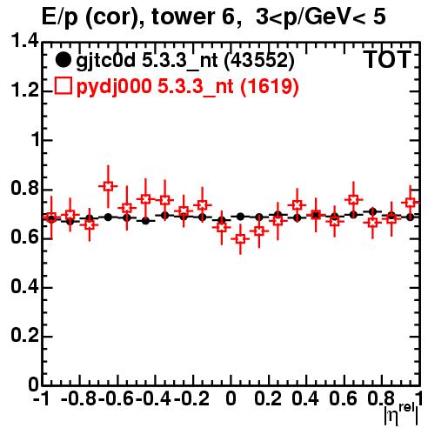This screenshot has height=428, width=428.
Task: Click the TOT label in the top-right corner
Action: [387, 60]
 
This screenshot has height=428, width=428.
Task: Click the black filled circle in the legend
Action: [63, 60]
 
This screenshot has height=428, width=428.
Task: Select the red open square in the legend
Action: [63, 86]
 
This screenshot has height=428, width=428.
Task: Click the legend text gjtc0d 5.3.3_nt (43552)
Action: [185, 61]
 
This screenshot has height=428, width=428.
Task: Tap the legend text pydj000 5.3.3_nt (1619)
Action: [188, 87]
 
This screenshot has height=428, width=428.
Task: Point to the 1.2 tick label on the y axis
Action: [24, 90]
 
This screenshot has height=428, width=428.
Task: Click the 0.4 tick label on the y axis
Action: [24, 286]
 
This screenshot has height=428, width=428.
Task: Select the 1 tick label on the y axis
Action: [36, 139]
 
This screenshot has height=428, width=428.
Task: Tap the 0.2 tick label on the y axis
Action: [24, 336]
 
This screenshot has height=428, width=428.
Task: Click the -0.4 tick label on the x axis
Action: [155, 399]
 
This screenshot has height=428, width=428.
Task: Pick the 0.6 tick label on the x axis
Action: [343, 399]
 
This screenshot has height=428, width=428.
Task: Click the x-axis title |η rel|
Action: [401, 414]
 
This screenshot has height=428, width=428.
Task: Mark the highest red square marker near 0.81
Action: [108, 186]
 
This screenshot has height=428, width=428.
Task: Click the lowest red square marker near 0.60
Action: [240, 239]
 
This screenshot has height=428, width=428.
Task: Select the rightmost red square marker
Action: [410, 202]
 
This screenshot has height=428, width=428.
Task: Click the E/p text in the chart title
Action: [60, 17]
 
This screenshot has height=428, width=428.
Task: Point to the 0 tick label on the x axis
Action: [231, 399]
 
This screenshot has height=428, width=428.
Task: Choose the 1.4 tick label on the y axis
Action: [24, 41]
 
